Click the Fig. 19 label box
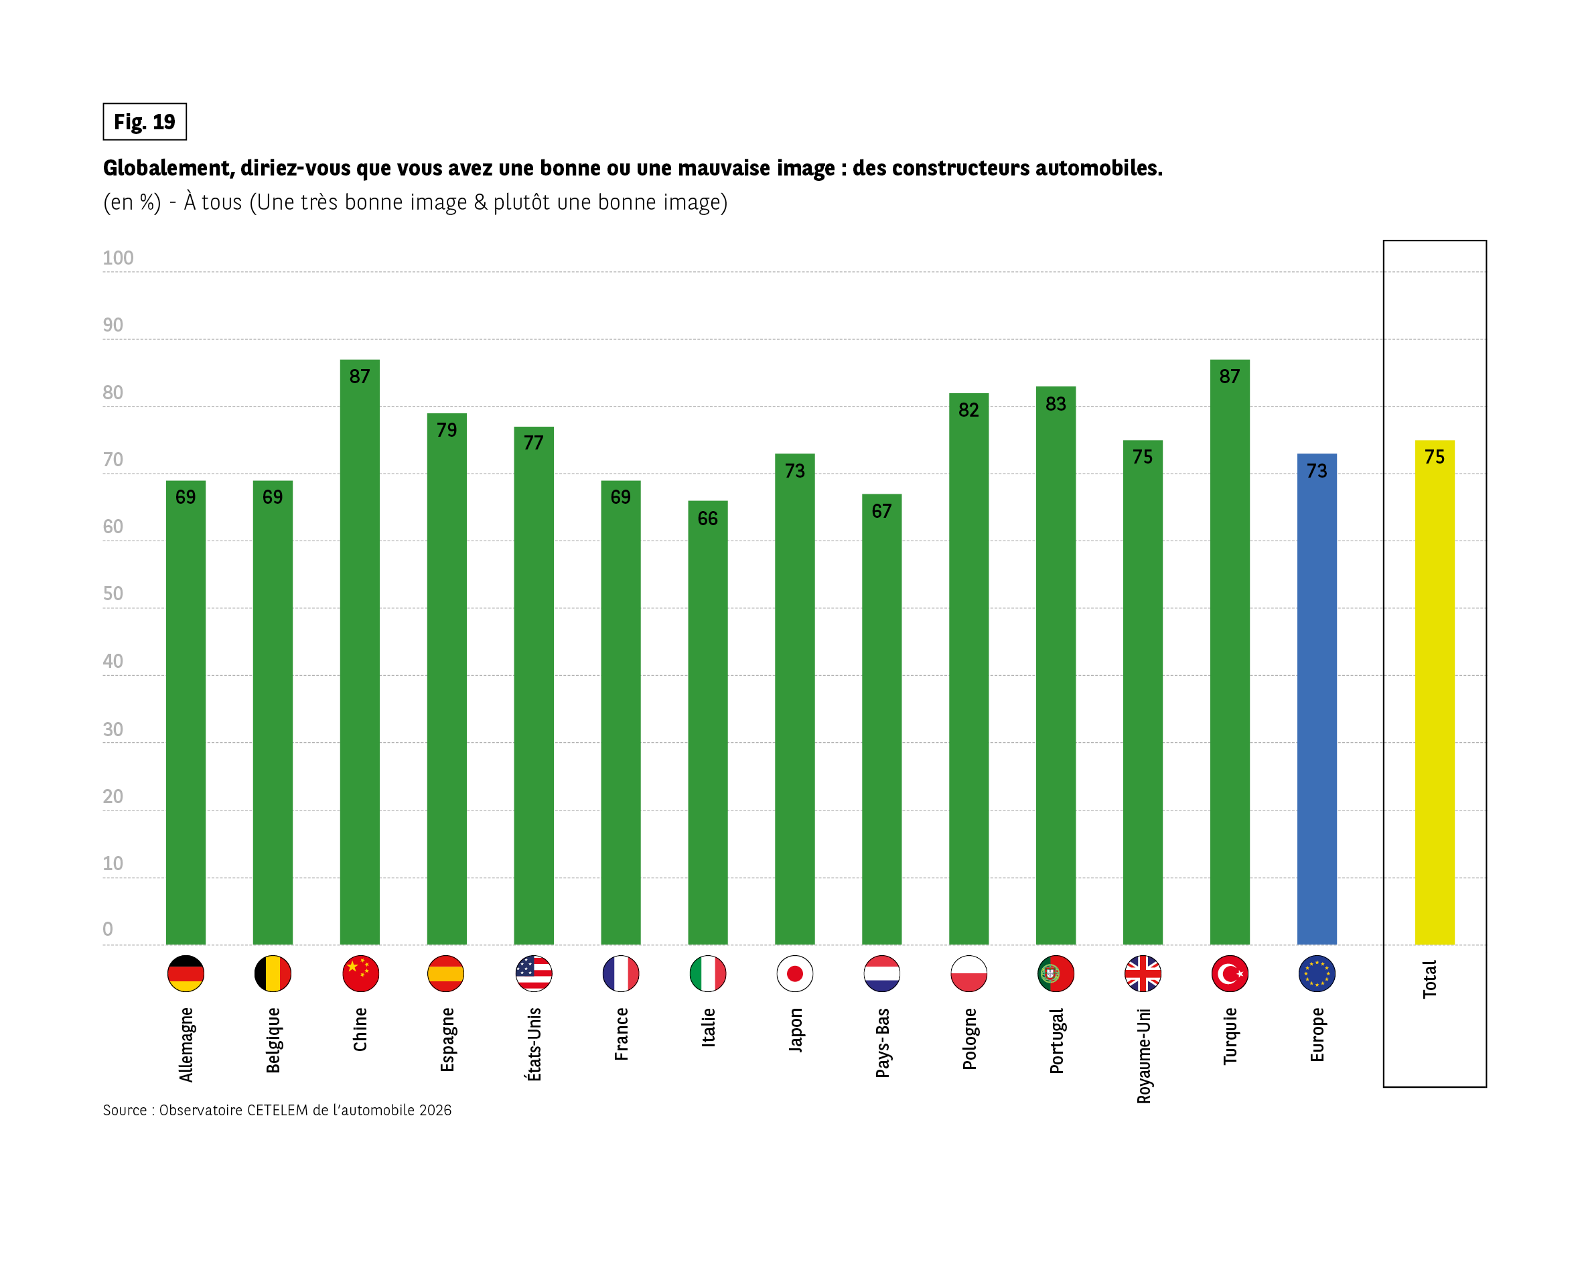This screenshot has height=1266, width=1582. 145,122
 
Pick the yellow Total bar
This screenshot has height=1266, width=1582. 1435,697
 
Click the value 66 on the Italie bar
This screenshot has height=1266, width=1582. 707,519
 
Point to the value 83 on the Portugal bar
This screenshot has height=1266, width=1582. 1055,404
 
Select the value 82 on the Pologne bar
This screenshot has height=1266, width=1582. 968,410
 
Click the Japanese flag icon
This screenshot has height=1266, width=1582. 794,974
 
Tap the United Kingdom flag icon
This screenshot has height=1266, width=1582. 1143,974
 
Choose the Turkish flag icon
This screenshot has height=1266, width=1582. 1230,974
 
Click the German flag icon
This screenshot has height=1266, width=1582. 186,974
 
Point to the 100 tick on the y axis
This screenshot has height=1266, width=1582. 118,259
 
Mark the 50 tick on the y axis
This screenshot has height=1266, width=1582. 113,593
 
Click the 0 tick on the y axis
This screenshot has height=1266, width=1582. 108,929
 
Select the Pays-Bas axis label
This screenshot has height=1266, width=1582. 883,1042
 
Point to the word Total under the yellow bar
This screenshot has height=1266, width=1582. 1429,979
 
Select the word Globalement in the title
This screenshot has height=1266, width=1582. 168,168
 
